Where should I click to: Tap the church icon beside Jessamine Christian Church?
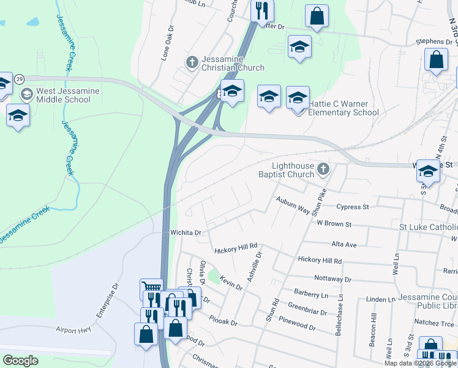pos(192,63)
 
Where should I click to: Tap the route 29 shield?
pos(20,79)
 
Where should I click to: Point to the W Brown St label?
pos(334,225)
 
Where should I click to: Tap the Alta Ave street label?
pos(343,244)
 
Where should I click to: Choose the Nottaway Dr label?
pos(332,278)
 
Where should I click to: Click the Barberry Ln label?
pos(311,295)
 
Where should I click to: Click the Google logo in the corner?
pos(21,360)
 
